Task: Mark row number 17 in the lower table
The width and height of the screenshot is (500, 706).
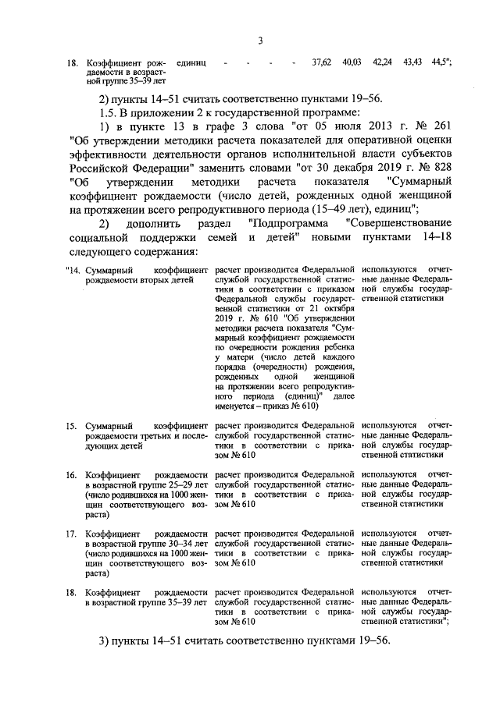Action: (x=71, y=534)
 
